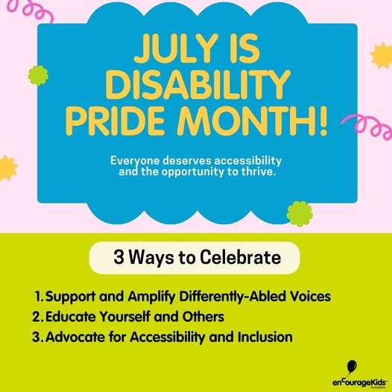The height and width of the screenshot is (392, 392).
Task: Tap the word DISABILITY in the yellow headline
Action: (198, 85)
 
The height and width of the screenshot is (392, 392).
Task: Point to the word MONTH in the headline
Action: (245, 121)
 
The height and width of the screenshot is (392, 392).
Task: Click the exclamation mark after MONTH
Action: (323, 121)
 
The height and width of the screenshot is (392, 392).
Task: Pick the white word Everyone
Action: (135, 161)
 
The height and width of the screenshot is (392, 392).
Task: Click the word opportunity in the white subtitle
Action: (192, 172)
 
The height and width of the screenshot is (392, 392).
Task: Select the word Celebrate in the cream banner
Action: (240, 257)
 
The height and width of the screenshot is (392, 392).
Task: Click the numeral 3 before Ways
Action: (118, 257)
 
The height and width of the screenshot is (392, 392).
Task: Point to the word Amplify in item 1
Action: (151, 297)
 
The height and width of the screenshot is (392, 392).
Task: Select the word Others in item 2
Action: (203, 317)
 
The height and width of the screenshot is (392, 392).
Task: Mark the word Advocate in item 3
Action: (75, 337)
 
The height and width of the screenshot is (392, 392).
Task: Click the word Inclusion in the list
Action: (265, 337)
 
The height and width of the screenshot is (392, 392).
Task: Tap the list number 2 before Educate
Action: (36, 317)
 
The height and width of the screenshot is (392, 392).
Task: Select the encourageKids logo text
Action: (360, 382)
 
